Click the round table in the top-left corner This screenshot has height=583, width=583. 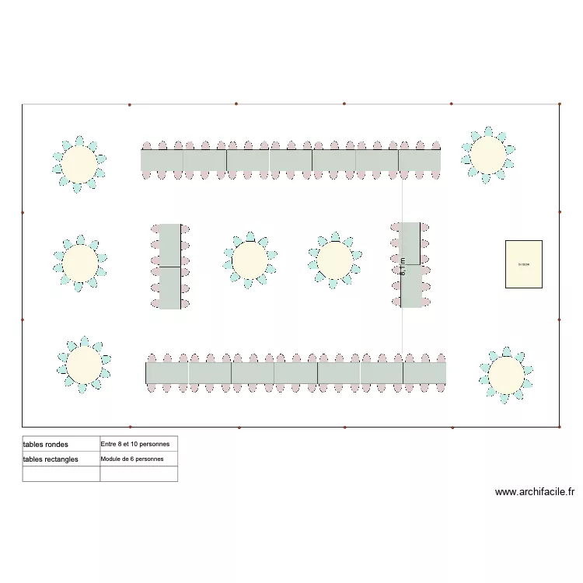79,164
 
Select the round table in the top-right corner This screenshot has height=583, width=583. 487,155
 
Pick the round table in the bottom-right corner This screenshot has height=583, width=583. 506,375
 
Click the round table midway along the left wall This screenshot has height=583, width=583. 81,264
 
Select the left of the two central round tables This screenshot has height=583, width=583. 250,260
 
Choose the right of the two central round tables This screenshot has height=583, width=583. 334,260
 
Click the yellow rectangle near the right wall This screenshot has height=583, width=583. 523,264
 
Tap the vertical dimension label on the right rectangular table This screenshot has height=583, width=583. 403,267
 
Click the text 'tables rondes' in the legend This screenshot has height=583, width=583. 46,445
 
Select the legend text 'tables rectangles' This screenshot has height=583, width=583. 51,459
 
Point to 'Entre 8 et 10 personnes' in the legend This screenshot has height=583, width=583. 135,444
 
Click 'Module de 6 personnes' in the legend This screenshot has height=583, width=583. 132,459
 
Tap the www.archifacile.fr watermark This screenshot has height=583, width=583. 534,492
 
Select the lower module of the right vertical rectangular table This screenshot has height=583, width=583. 411,286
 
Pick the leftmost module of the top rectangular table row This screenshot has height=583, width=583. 162,160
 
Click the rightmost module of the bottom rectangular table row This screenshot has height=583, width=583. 424,373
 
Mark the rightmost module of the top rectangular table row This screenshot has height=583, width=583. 420,160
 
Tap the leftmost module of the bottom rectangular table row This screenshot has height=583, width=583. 167,373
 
